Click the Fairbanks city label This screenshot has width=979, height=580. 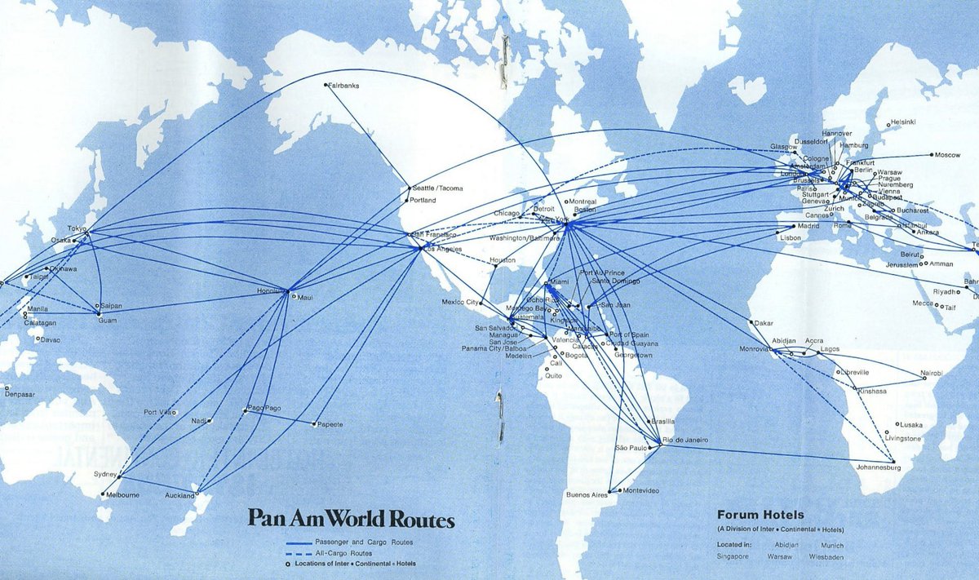pos(344,86)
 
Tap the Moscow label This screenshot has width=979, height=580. pos(948,155)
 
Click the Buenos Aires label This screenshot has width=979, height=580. pos(587,495)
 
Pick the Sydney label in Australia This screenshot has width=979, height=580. pos(106,474)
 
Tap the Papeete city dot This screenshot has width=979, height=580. pos(314,423)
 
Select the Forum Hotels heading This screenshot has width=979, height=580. pos(760,515)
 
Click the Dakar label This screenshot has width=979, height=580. pos(764,322)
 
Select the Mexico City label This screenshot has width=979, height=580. pos(458,302)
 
